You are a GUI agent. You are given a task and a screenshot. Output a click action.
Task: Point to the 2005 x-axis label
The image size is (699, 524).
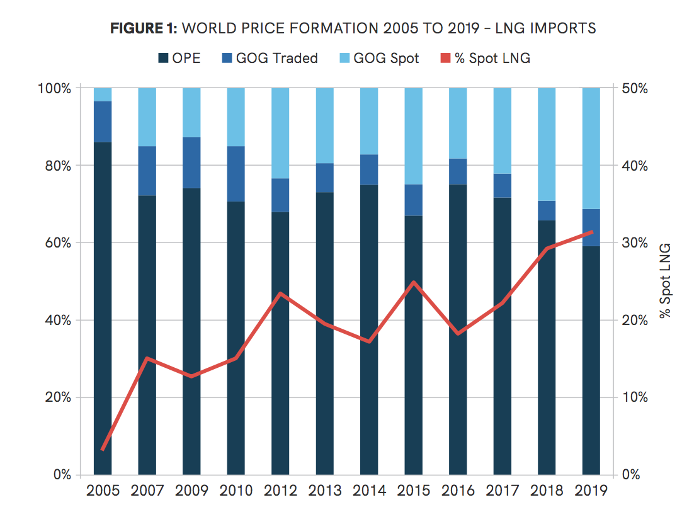(103, 491)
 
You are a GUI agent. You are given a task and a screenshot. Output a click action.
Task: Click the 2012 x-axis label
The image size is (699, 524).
(280, 491)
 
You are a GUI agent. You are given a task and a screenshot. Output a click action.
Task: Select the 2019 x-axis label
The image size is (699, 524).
(591, 491)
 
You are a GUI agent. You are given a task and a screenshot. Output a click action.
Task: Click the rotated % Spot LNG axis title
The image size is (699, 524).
(666, 280)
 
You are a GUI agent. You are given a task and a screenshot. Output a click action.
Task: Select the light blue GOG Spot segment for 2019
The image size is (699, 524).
(591, 148)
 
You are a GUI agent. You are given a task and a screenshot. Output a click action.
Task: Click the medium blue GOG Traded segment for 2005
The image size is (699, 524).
(103, 122)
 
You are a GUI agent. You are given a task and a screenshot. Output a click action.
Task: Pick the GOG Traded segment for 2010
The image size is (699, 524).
(236, 174)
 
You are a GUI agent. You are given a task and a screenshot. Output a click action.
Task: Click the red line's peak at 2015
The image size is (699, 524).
(414, 282)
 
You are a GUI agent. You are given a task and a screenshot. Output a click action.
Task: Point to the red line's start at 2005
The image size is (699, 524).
(103, 450)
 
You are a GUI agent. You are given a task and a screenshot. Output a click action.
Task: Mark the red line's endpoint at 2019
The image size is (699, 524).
(591, 232)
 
